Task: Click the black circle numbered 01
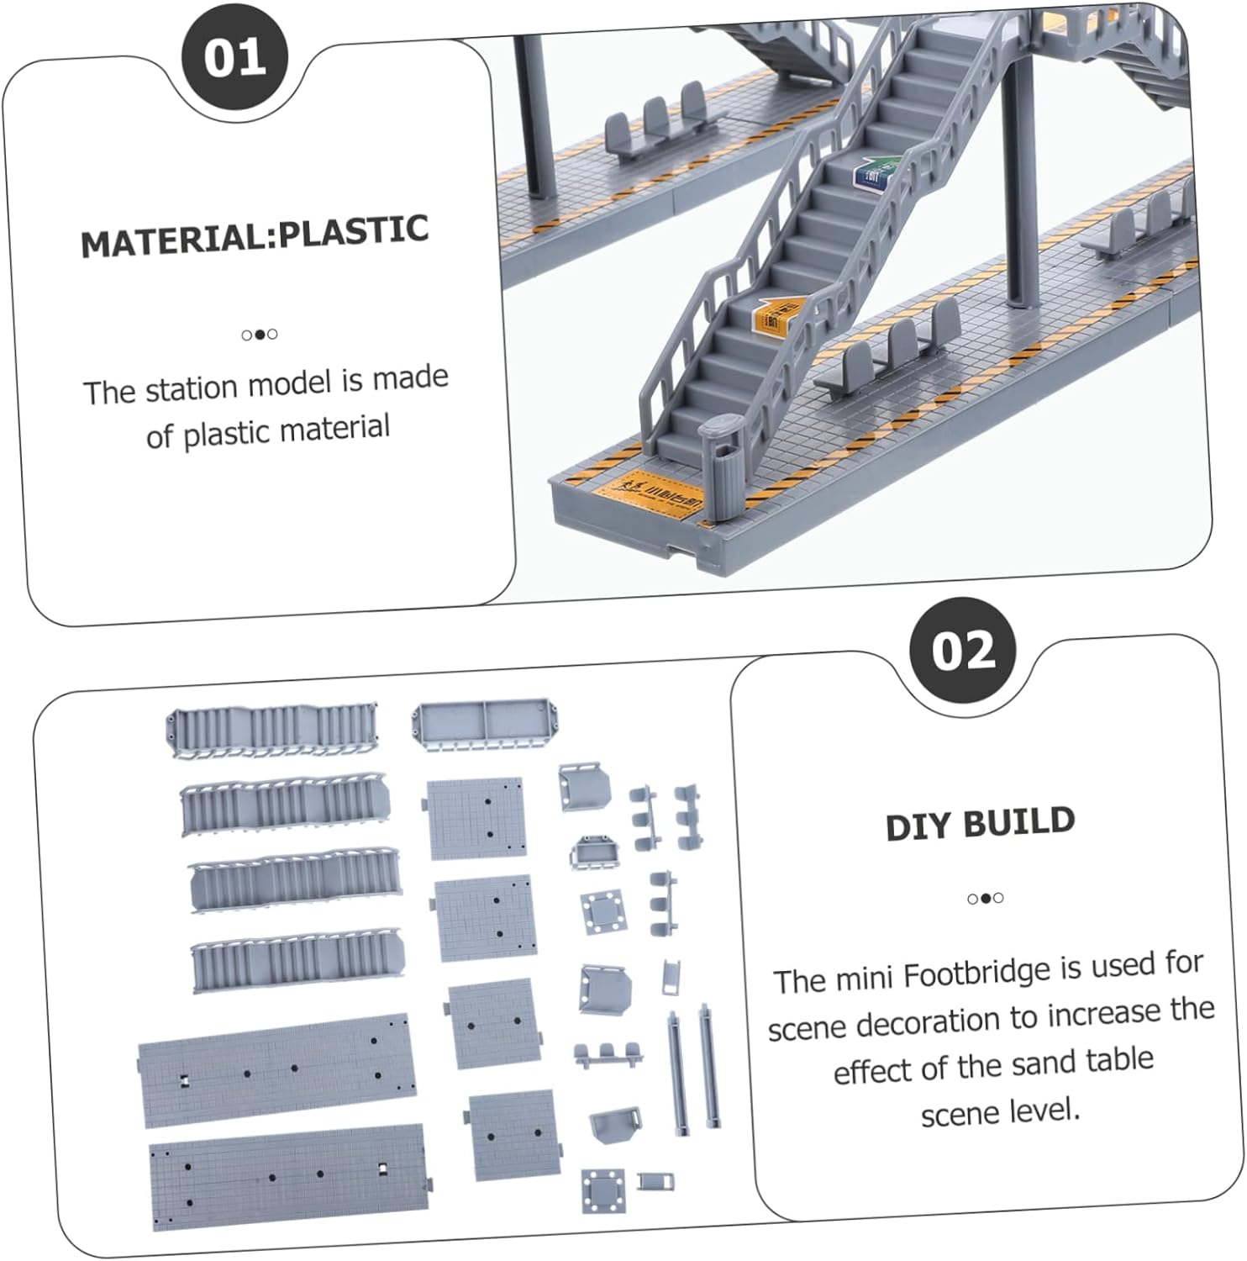(x=234, y=58)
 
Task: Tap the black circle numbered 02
(x=963, y=652)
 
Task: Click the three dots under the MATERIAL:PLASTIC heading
(x=260, y=335)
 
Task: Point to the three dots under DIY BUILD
(x=985, y=898)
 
